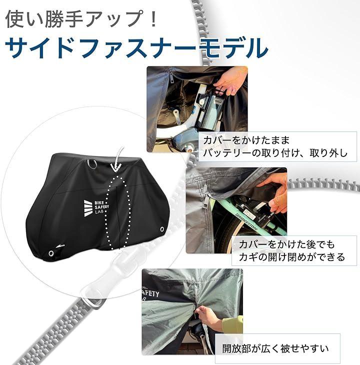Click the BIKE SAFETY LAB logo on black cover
click(x=96, y=208)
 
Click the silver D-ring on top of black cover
click(x=92, y=164)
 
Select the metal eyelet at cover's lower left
click(x=50, y=253)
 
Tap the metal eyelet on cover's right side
click(x=162, y=229)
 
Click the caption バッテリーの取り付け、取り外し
click(x=275, y=153)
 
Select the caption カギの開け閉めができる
click(x=292, y=257)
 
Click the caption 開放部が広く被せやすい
click(x=275, y=348)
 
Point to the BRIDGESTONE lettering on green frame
click(x=247, y=221)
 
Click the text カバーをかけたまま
click(x=246, y=140)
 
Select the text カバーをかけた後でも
click(x=286, y=244)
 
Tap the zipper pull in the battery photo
click(x=171, y=76)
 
